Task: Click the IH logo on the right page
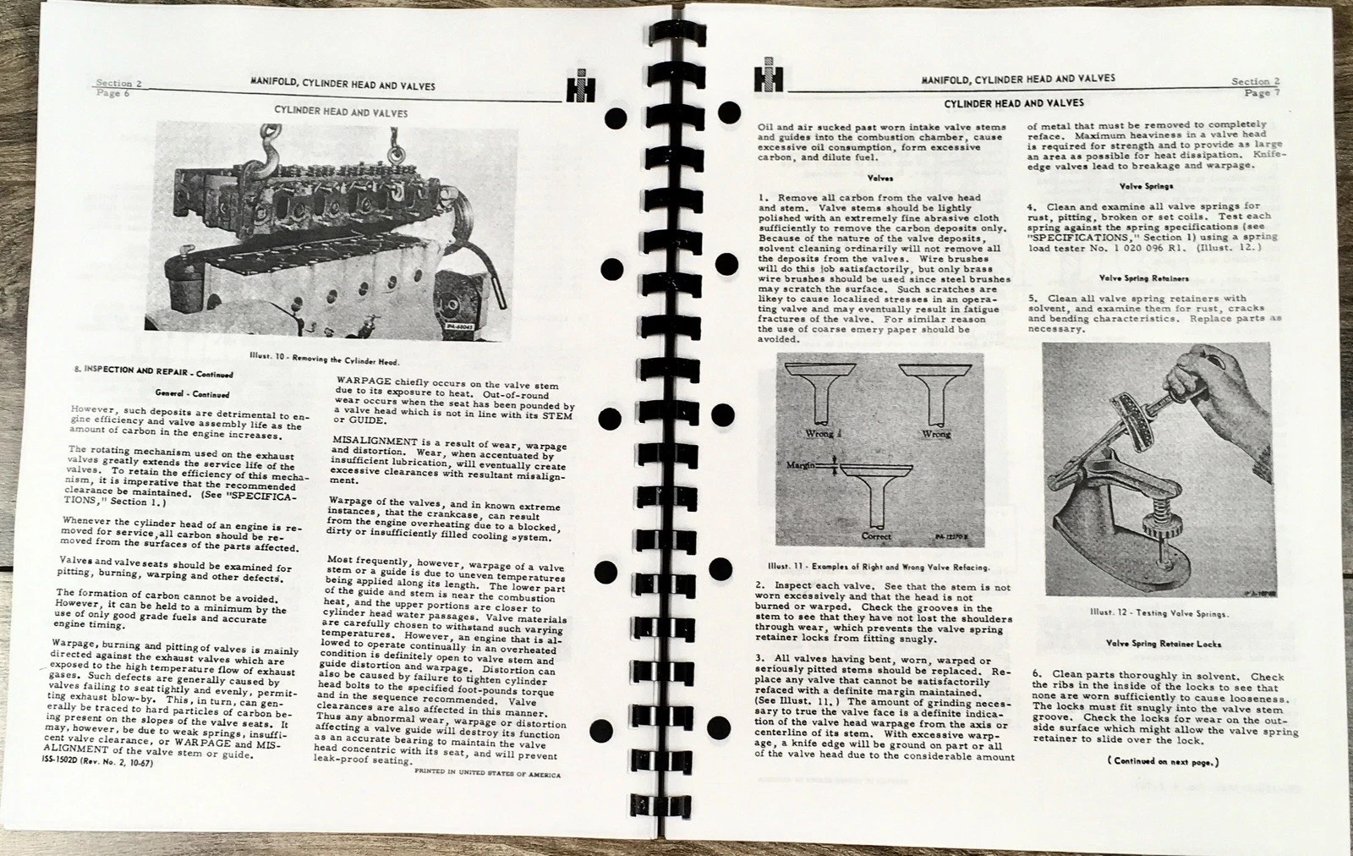[769, 75]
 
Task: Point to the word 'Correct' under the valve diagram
[876, 535]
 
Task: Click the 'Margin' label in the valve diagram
[800, 465]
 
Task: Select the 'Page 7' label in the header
[1262, 93]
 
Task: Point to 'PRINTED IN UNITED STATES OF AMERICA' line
[487, 773]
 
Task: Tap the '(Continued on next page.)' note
[1163, 761]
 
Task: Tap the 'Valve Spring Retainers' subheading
[1144, 278]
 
